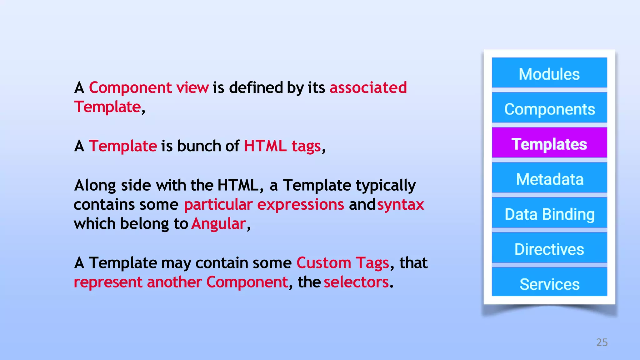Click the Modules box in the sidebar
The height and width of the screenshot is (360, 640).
549,73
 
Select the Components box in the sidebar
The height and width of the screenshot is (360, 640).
549,108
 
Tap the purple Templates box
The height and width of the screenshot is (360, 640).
549,143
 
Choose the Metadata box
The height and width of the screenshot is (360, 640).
549,178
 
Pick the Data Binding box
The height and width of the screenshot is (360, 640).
549,213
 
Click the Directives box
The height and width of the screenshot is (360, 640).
549,248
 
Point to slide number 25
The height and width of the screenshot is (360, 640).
602,342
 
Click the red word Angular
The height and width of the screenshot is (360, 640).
218,224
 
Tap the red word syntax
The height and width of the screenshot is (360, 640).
400,205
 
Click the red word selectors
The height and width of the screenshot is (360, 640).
356,282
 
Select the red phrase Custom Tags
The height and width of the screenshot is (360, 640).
342,263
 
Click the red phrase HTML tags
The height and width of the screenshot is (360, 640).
282,146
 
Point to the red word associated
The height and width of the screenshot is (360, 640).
368,87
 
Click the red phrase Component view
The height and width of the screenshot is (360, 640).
149,87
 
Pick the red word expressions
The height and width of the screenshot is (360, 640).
300,205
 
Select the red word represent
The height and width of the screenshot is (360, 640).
108,282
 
